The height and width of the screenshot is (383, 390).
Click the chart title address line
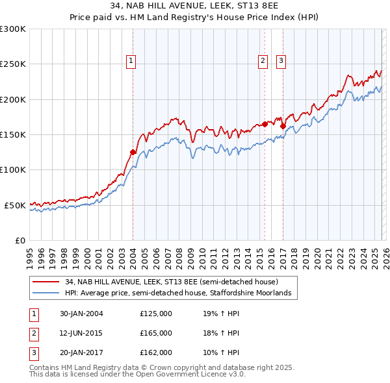click(x=195, y=7)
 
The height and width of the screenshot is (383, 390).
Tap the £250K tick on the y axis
click(x=13, y=64)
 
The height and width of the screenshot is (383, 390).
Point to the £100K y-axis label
click(x=13, y=169)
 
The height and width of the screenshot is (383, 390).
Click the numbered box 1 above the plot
click(x=131, y=61)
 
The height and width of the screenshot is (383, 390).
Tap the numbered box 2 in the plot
click(x=263, y=61)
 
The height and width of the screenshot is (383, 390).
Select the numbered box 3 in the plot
click(x=281, y=61)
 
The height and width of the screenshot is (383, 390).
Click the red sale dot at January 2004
click(x=133, y=152)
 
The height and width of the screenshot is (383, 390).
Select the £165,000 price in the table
click(x=156, y=333)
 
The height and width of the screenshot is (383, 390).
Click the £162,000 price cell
click(x=156, y=352)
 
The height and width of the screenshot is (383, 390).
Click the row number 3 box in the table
click(x=33, y=352)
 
